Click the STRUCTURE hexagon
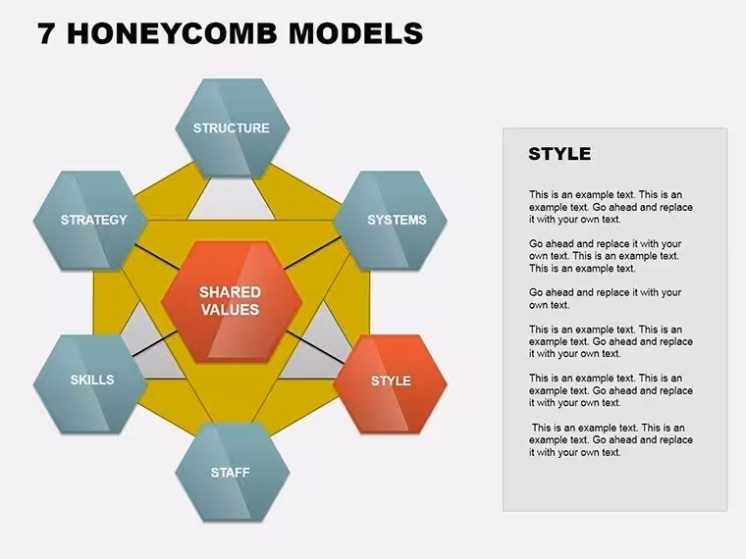(233, 128)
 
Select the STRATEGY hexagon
(90, 221)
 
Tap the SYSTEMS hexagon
(390, 221)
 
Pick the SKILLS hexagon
(90, 384)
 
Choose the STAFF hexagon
(233, 473)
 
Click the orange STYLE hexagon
(390, 384)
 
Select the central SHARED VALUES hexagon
(232, 301)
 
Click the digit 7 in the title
(46, 33)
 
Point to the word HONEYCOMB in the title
(172, 33)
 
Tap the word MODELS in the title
(355, 33)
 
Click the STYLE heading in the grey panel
(559, 154)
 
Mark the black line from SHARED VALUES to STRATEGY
(156, 256)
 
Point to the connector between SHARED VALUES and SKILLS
(155, 343)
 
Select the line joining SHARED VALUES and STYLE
(316, 347)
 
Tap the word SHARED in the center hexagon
(231, 292)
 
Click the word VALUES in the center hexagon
(231, 310)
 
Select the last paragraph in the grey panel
(611, 439)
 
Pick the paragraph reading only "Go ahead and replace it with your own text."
(606, 298)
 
